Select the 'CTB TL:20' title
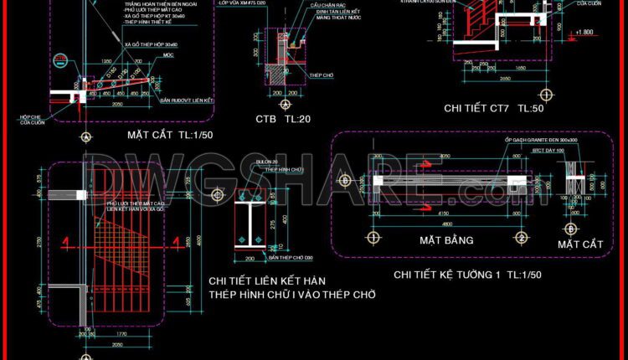tap(283, 120)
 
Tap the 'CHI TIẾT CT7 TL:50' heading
tap(494, 108)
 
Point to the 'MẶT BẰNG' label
tap(446, 240)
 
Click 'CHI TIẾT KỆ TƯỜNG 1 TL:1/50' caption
tap(468, 275)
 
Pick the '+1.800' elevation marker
tap(584, 33)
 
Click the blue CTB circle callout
tap(60, 60)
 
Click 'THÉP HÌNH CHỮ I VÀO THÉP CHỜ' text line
tap(291, 295)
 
